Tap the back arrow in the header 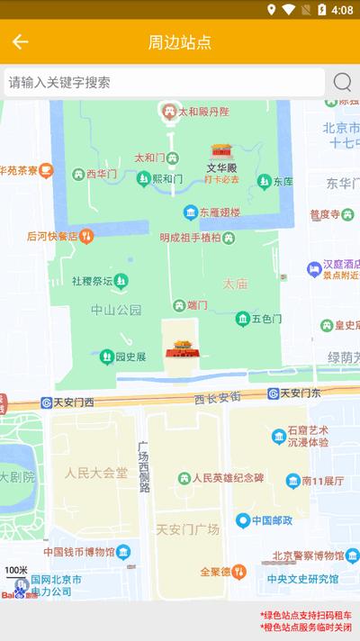20,42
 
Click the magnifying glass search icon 342,83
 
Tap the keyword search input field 162,83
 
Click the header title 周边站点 180,42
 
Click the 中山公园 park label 116,310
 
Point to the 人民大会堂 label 96,472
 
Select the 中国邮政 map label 274,520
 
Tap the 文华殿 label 220,167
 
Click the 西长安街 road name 217,397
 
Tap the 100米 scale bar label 16,571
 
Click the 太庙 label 235,283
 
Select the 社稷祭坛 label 93,281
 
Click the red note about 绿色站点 305,615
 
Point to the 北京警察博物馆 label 309,555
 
